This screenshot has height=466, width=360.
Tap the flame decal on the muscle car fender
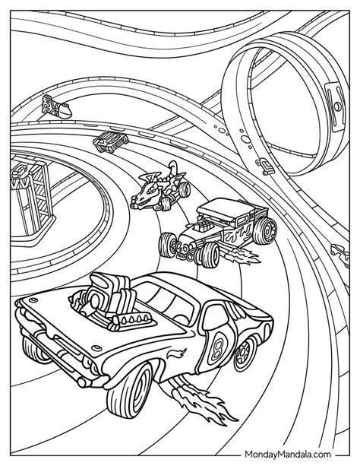176,353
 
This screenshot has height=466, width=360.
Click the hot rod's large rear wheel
266,231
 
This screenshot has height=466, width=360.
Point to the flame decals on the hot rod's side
240,234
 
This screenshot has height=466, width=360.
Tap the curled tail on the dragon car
173,167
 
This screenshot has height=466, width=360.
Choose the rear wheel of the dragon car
184,189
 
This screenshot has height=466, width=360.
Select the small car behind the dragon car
111,141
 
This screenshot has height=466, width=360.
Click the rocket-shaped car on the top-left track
57,108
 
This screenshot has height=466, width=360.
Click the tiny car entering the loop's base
264,166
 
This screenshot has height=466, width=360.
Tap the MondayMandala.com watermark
288,454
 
